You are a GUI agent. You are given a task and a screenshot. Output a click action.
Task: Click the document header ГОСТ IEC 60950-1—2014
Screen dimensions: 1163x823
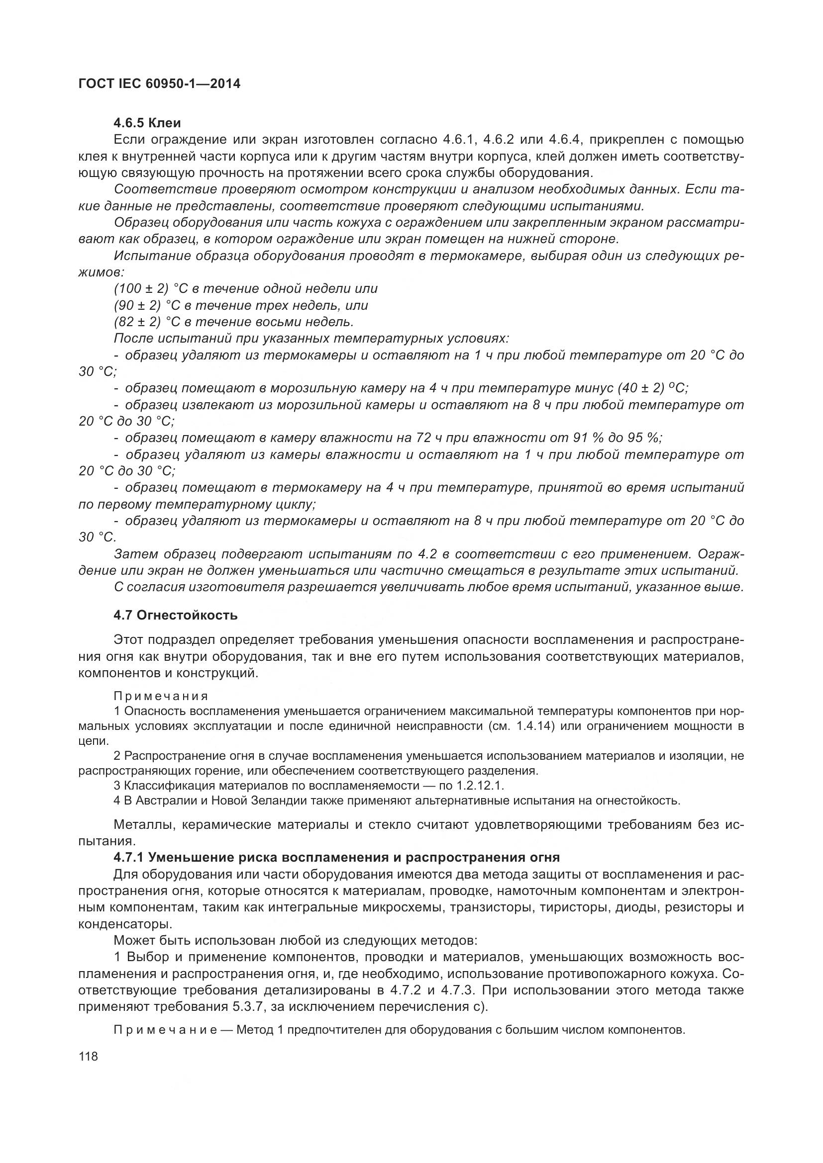pos(159,84)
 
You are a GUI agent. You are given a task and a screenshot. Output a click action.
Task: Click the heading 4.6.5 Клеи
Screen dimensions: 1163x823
pos(147,123)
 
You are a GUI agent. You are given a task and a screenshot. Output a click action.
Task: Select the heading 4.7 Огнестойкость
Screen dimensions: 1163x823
pos(175,616)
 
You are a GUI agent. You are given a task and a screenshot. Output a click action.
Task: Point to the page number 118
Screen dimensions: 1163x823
pos(88,1057)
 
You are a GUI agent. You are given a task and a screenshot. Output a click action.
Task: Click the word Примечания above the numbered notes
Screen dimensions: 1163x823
pos(161,696)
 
